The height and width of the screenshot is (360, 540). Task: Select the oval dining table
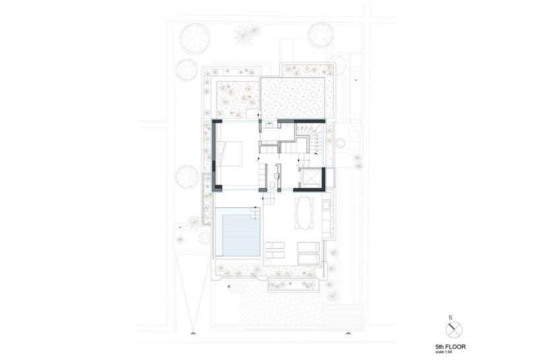(x=305, y=213)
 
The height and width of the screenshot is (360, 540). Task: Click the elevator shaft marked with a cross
(x=309, y=178)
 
